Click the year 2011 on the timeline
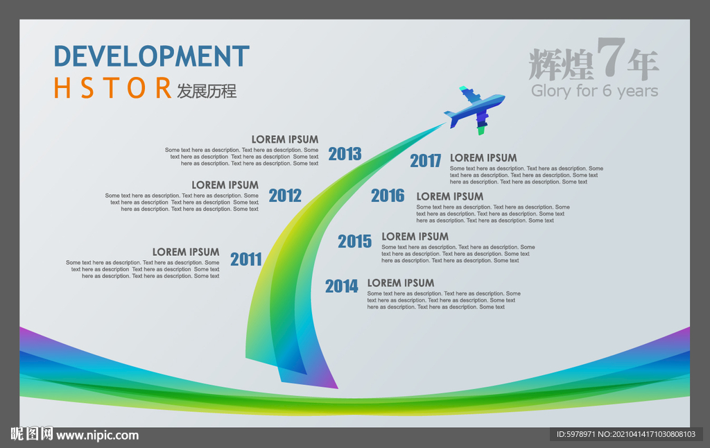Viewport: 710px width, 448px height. point(246,259)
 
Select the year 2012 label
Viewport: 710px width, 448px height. point(285,196)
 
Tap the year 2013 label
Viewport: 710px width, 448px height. point(345,154)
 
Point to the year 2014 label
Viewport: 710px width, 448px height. point(341,286)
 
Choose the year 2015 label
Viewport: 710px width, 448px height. point(354,241)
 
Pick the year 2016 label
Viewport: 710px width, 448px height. point(388,196)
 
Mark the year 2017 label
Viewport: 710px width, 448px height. point(425,161)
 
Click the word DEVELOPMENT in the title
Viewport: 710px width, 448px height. point(152,56)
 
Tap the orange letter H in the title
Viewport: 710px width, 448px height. point(62,88)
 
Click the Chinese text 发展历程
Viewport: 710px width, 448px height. point(207,91)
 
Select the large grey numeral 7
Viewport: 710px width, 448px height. point(610,57)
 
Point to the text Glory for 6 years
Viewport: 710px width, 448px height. point(594,91)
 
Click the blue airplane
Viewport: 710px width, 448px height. point(474,109)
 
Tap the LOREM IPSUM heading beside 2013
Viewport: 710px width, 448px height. point(285,139)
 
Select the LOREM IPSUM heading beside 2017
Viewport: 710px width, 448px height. point(483,158)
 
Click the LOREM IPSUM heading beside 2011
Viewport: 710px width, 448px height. point(186,252)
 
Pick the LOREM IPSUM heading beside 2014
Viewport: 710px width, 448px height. point(401,283)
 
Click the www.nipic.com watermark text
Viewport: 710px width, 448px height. point(97,436)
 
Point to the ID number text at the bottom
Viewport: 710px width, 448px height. point(626,434)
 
